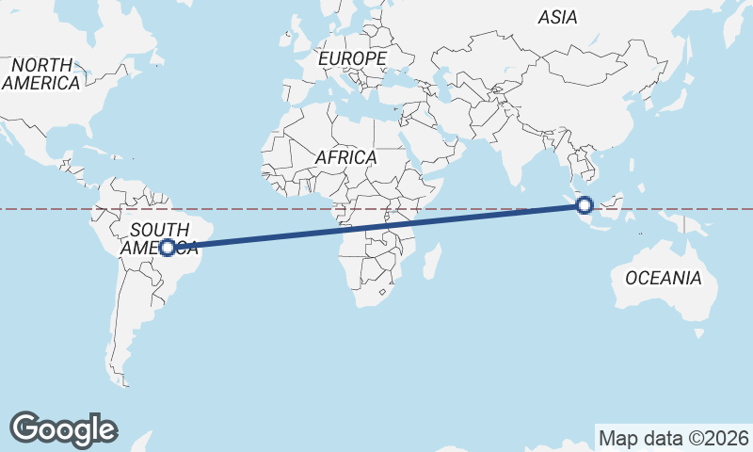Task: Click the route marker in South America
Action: point(167,248)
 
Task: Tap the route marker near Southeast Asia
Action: point(585,204)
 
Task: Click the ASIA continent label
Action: point(557,17)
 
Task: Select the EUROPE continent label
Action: point(352,58)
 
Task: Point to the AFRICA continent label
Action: point(345,158)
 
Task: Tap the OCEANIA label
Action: point(663,278)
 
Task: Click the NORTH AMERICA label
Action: point(40,73)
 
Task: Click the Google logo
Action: point(63,428)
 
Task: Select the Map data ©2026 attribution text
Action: point(673,438)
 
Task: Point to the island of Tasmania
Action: point(698,333)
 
